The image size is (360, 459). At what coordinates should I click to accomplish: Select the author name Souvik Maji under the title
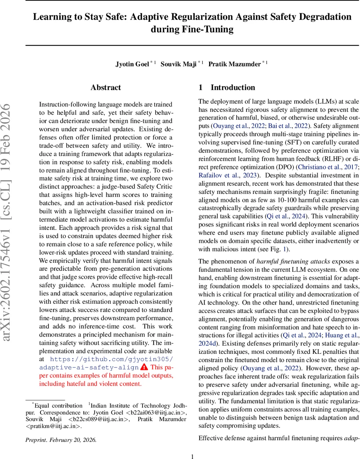179,64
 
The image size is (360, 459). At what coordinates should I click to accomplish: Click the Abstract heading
106,88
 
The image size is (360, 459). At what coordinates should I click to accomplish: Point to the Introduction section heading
233,88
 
